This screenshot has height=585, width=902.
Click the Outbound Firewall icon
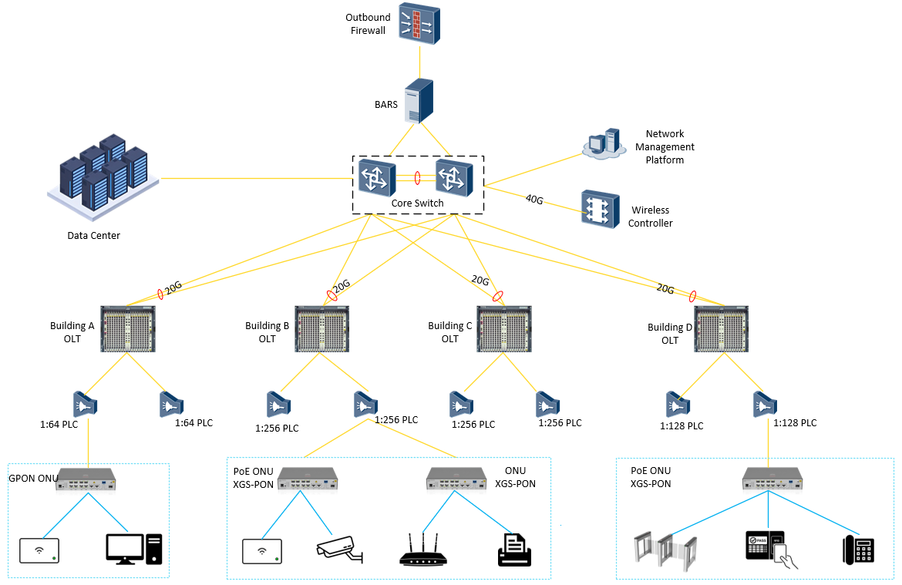tap(419, 23)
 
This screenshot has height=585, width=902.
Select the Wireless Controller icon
tap(600, 209)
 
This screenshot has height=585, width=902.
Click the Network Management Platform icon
tap(603, 144)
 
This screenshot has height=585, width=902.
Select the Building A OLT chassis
tap(128, 330)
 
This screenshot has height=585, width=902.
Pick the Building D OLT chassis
tap(722, 330)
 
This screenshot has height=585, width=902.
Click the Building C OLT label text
tap(450, 332)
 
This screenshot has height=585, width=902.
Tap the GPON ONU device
tap(88, 479)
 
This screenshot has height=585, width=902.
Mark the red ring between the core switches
tap(417, 178)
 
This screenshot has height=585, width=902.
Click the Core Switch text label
tap(418, 203)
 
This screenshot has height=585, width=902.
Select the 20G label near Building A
tap(173, 287)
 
